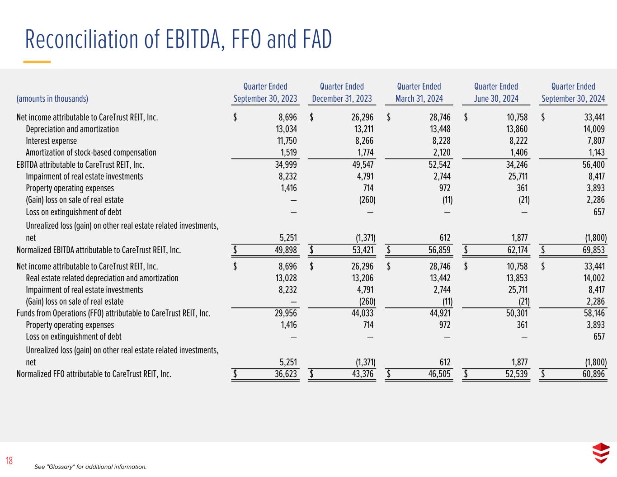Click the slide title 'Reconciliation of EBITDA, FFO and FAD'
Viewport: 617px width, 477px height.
179,39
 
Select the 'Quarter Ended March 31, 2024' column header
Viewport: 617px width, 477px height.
419,92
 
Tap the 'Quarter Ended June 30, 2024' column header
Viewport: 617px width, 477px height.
496,92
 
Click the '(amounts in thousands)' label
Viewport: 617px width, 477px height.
52,99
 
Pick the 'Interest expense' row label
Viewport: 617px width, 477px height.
51,141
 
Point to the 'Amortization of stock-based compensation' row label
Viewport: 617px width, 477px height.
91,152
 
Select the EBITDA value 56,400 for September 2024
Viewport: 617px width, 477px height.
594,165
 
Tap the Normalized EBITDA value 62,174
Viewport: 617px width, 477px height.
516,250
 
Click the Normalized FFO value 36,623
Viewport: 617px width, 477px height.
285,374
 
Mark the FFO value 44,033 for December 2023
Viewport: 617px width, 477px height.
363,313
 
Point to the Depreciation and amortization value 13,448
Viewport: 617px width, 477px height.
440,129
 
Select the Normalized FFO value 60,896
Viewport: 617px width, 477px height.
593,374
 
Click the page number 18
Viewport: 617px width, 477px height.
9,461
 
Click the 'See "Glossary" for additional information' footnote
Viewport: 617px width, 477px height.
90,467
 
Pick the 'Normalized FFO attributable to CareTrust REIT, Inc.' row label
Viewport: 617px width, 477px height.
94,374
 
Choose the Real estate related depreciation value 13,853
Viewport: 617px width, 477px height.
517,278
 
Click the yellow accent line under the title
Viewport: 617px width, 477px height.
37,62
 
